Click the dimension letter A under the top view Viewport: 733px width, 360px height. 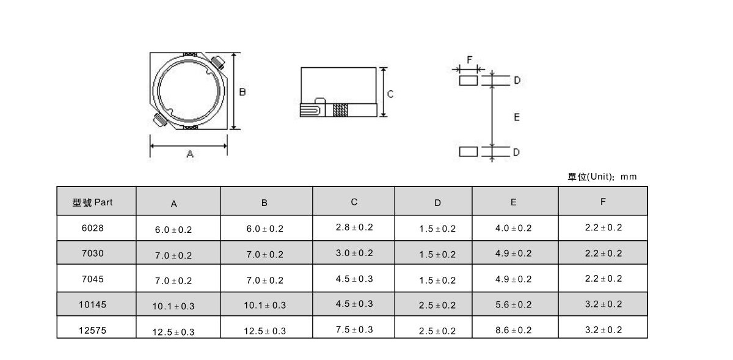click(x=190, y=153)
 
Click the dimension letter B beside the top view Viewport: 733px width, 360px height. click(x=242, y=92)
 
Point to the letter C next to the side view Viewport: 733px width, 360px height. click(x=390, y=94)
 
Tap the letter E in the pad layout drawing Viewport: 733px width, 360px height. click(x=517, y=117)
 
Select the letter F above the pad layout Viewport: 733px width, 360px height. click(x=470, y=60)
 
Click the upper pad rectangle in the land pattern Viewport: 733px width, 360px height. click(x=469, y=81)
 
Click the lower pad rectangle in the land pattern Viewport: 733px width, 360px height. click(x=469, y=152)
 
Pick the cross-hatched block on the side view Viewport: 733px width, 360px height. click(x=340, y=110)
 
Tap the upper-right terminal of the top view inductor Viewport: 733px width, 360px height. click(x=217, y=62)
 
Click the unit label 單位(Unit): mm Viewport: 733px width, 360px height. click(x=602, y=177)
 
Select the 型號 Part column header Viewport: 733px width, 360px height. click(x=93, y=202)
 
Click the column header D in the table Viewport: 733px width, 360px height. click(x=437, y=203)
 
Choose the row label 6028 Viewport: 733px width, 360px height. click(x=93, y=228)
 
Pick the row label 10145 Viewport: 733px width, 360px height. click(x=93, y=304)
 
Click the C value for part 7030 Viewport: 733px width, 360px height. click(x=354, y=253)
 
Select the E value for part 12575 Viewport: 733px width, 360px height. click(x=514, y=330)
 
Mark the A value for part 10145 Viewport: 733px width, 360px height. click(x=173, y=306)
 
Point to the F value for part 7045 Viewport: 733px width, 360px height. click(x=604, y=279)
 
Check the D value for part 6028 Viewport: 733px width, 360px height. click(x=437, y=229)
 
